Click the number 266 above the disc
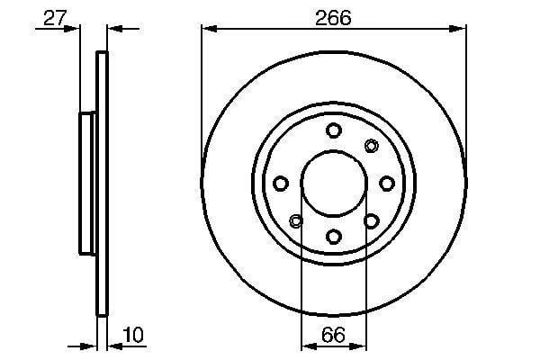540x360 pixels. (x=333, y=18)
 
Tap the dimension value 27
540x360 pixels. (x=54, y=18)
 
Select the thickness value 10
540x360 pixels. (x=133, y=335)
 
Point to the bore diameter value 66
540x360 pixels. (x=333, y=335)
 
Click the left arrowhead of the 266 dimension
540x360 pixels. (x=210, y=29)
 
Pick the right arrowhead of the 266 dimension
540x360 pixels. (x=458, y=29)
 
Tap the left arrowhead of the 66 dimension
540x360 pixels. (x=310, y=346)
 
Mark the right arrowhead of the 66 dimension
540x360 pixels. (x=358, y=346)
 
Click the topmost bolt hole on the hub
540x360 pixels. (x=333, y=130)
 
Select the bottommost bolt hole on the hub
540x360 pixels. (x=333, y=237)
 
